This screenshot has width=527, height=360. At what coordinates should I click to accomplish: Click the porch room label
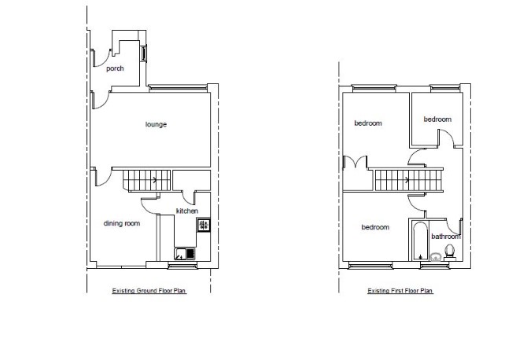coord(115,68)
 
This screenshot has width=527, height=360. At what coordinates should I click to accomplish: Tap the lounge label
coord(156,124)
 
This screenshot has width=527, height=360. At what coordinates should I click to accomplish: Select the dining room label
coord(122,223)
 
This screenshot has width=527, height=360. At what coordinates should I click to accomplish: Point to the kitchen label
coord(187,211)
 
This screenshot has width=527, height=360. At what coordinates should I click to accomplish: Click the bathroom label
coord(446,237)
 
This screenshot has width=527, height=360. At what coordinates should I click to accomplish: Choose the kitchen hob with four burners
coord(204,225)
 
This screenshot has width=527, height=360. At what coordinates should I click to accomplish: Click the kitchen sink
coord(185,254)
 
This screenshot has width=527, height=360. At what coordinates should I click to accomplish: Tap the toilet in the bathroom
coord(450,252)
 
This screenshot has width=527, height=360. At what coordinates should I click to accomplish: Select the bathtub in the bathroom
coord(419,241)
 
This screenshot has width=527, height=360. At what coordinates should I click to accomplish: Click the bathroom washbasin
coord(436,257)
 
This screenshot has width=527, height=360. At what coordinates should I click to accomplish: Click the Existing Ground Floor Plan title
coord(149,291)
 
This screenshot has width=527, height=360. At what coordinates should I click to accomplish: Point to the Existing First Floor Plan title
coord(400,291)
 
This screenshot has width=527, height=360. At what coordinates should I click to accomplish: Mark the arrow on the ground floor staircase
coord(155,180)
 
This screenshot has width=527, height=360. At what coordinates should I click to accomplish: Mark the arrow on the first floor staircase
coord(407,180)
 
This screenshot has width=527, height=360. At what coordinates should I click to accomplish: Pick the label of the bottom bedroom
coord(375,227)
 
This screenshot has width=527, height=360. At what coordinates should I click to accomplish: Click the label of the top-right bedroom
coord(437,119)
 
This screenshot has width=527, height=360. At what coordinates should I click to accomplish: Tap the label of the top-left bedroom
coord(368,123)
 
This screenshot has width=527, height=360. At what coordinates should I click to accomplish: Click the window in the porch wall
coord(143,53)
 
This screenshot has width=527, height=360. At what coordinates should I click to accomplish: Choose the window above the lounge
coord(178,88)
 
